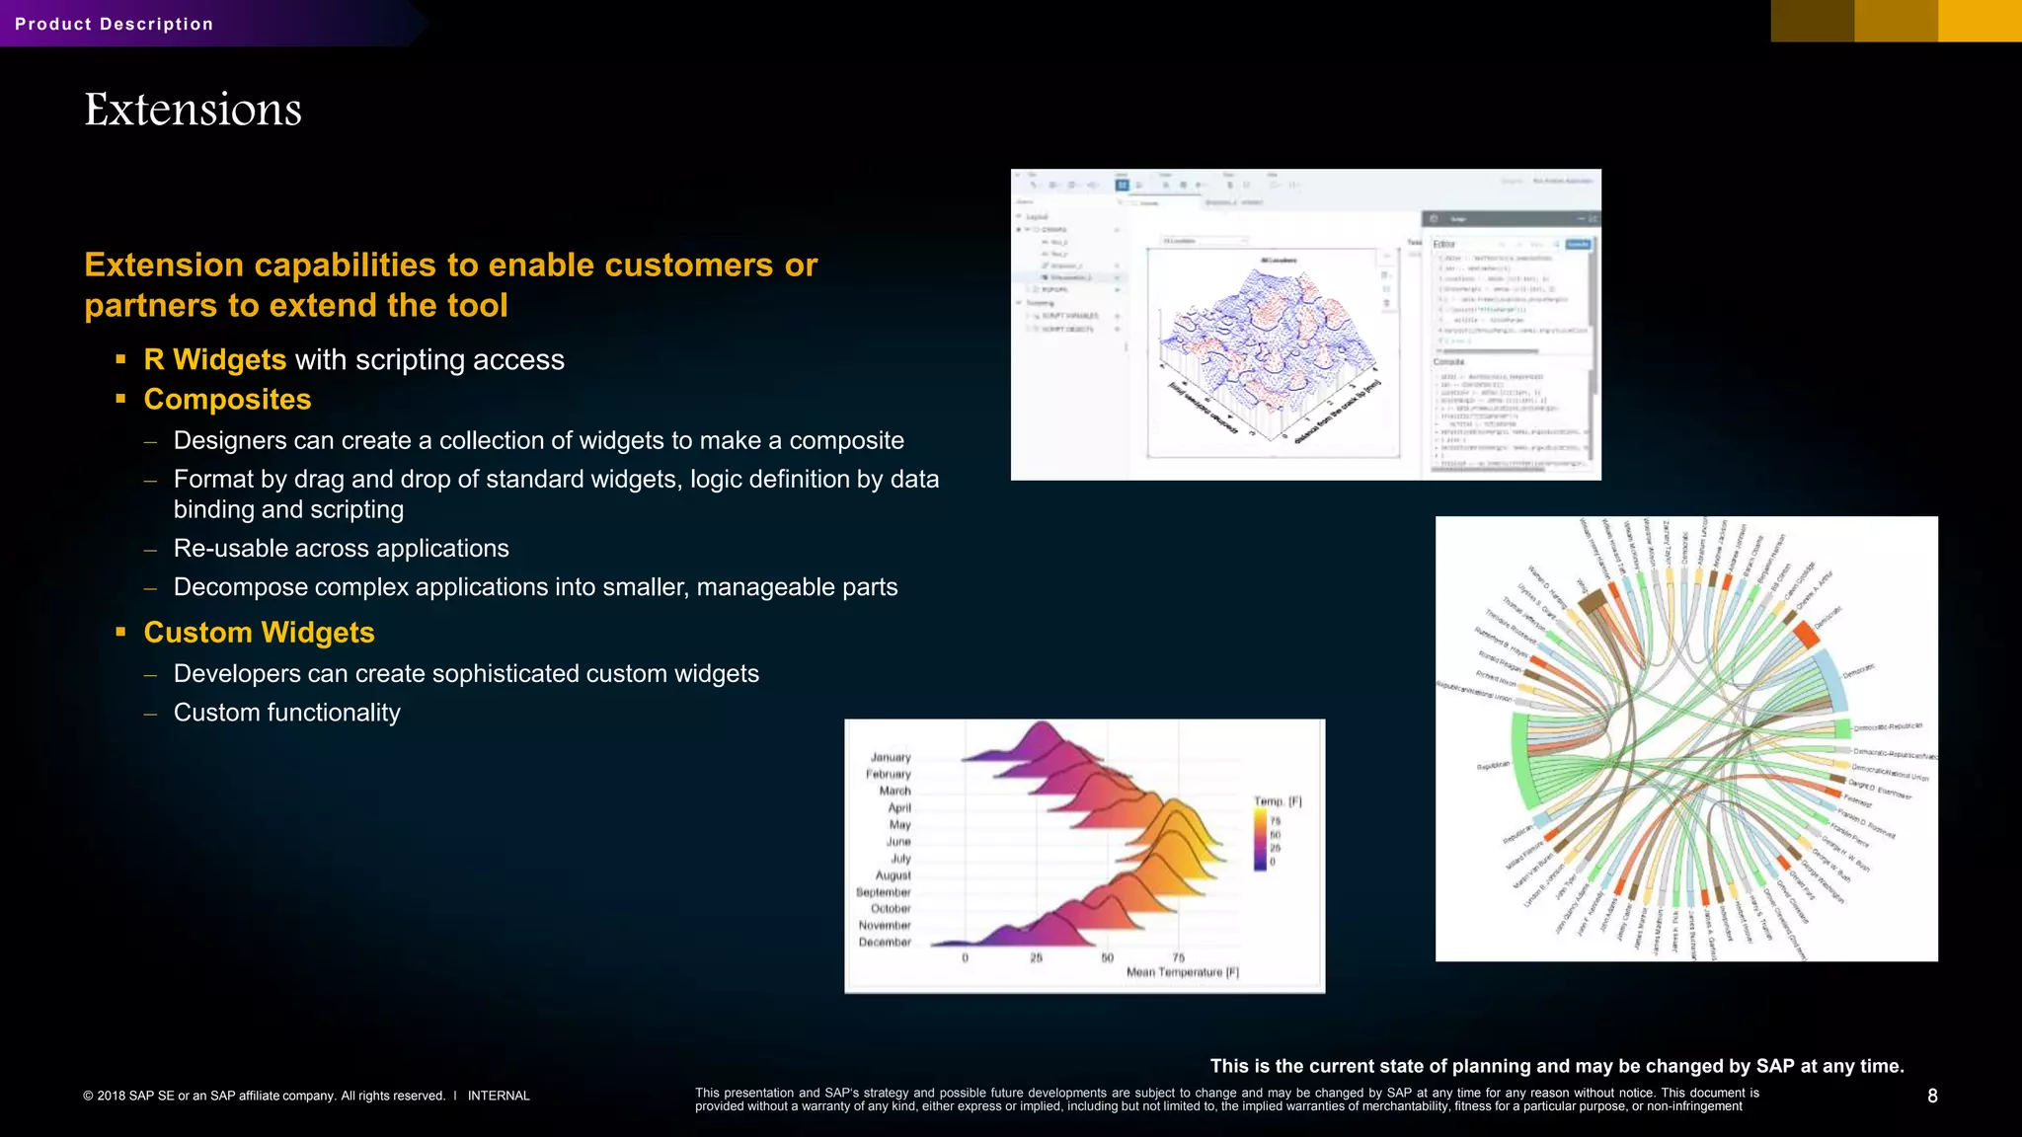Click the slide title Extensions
193,109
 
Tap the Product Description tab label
114,24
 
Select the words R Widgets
215,359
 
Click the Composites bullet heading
227,399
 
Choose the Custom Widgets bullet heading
259,632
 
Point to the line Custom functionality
286,713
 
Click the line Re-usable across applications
341,548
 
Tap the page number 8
1932,1096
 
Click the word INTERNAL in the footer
499,1096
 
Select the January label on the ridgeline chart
891,757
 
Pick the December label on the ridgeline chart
885,942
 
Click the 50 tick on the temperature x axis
1107,957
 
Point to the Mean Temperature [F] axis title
1182,972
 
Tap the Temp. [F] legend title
1278,801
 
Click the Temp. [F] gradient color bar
1260,840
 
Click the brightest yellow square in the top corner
1980,21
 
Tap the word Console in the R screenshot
1448,362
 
